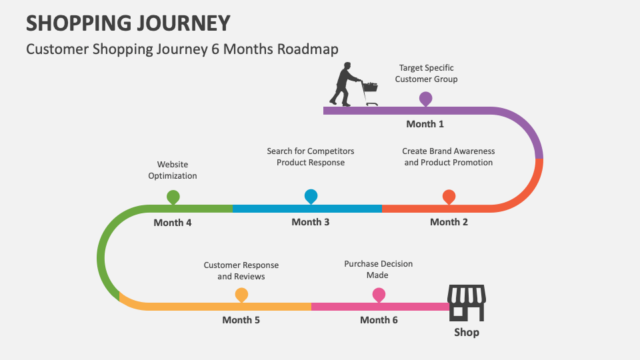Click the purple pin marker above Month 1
(425, 99)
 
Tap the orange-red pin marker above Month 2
(449, 196)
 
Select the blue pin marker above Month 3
(311, 195)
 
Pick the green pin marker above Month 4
(173, 196)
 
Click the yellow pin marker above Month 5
(241, 294)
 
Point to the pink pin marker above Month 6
(379, 294)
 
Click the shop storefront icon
(466, 303)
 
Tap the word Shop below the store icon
(466, 332)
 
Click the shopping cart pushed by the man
(369, 91)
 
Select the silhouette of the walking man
(343, 84)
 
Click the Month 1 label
(425, 124)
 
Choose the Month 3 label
(310, 222)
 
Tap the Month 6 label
(379, 320)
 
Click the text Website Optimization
(173, 170)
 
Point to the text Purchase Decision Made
(378, 269)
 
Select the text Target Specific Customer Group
(426, 73)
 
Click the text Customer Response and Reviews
(241, 271)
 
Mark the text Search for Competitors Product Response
(311, 157)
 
